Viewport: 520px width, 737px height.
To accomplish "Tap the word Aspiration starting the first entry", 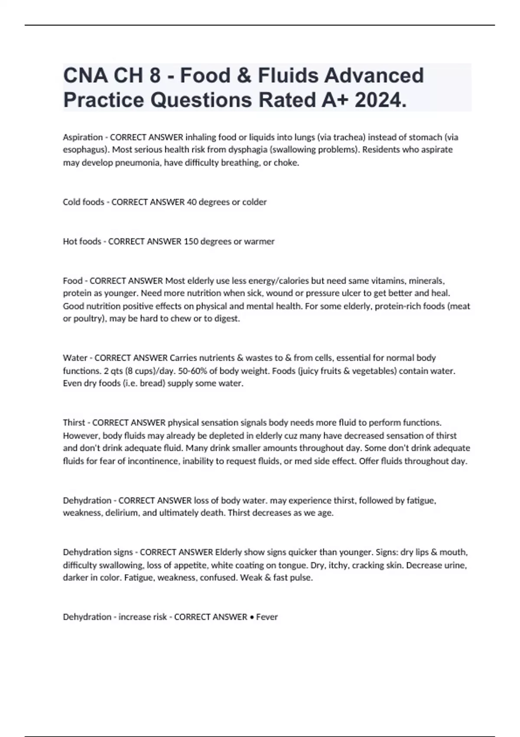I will point(83,137).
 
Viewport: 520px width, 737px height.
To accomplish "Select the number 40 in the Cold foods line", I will point(192,202).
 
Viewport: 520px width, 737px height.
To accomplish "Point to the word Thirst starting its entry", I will point(74,423).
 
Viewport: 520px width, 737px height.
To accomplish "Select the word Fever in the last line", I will point(267,617).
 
